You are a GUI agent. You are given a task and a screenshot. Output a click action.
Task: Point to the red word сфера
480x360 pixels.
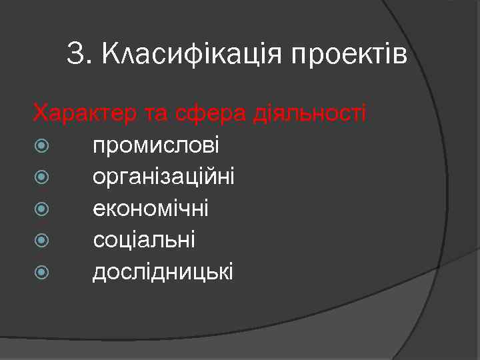(214, 113)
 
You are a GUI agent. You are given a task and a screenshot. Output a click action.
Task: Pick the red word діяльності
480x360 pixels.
(309, 113)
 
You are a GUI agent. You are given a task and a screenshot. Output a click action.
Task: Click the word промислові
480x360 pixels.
(156, 146)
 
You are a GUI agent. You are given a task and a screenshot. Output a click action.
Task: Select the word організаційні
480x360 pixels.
(163, 177)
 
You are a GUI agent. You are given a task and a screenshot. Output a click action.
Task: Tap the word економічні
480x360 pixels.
(151, 209)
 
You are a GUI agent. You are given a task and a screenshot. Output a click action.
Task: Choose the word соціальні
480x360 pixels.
(144, 240)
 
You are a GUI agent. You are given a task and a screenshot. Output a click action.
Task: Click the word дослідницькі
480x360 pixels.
(163, 271)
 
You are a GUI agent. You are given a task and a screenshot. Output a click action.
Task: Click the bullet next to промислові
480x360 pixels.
(42, 146)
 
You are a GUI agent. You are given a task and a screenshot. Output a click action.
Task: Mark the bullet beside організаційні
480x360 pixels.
(42, 177)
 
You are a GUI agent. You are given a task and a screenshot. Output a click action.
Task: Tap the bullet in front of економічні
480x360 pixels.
(42, 209)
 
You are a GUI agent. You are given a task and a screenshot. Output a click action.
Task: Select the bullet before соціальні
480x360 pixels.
(42, 240)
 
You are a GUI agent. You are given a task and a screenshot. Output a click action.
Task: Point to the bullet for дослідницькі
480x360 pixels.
(42, 271)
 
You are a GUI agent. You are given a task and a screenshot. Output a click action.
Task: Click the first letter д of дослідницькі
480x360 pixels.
(99, 272)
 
